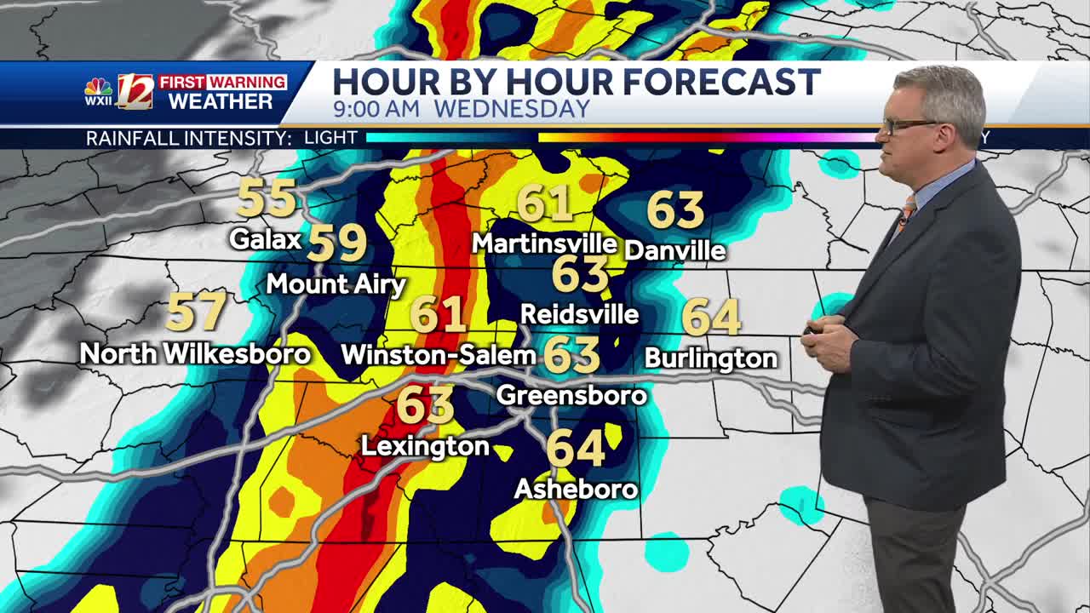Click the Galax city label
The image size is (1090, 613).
point(266,239)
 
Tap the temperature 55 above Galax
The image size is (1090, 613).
point(267,199)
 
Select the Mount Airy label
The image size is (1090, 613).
point(336,284)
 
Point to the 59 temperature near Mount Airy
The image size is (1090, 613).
point(337,243)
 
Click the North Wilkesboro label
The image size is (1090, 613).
point(195,353)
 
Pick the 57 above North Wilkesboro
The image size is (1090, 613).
point(197,312)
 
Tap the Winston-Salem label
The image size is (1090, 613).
point(438,354)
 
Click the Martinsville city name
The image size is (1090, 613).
point(544,243)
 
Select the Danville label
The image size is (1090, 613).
point(674,249)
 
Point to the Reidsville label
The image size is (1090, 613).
point(579,314)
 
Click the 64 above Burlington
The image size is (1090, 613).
point(711,318)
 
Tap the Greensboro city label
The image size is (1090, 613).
point(571,395)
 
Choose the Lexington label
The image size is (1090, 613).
point(425,445)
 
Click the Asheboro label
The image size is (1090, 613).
point(576,488)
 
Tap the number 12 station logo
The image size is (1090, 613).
point(135,91)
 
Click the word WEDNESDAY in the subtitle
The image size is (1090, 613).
point(511,109)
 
